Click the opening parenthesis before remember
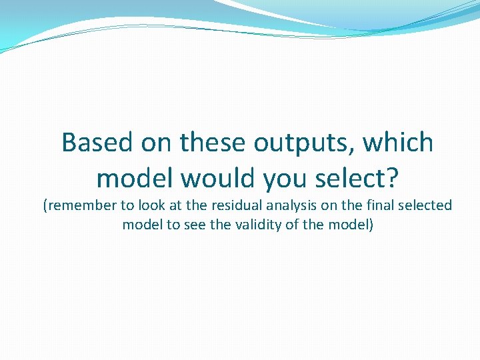[x=45, y=207]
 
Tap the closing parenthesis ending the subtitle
[x=371, y=225]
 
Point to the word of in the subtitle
[x=293, y=225]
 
